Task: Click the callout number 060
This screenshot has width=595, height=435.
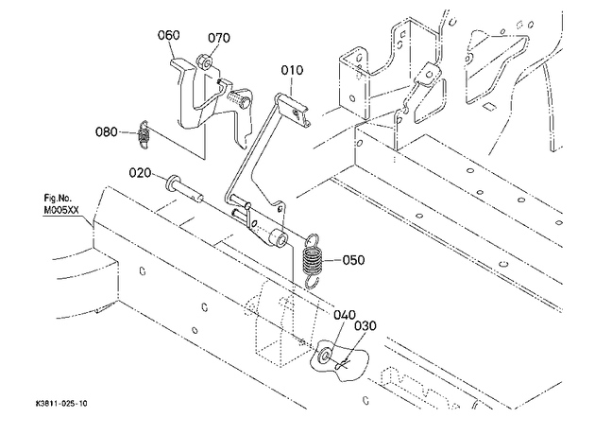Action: click(168, 35)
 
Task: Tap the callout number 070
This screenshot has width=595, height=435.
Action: click(219, 38)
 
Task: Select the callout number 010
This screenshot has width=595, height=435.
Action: click(292, 70)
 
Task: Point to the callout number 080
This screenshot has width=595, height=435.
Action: click(106, 132)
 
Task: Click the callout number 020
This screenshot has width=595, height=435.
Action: click(140, 173)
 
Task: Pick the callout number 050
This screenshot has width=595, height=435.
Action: click(353, 260)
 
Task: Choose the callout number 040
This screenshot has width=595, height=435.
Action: click(345, 315)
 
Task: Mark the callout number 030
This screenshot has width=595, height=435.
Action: click(365, 326)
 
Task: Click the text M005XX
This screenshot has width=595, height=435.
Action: click(61, 211)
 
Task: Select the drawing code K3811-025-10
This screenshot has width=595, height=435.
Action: click(61, 404)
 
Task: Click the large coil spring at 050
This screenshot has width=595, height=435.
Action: click(313, 261)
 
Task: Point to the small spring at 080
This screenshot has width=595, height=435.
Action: click(144, 135)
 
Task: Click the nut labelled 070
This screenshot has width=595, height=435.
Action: click(204, 61)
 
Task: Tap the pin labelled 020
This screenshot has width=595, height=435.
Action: click(184, 189)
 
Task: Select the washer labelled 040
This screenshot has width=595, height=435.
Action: click(325, 355)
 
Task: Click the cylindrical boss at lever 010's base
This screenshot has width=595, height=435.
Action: click(279, 237)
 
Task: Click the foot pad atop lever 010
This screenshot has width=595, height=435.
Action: click(292, 109)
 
